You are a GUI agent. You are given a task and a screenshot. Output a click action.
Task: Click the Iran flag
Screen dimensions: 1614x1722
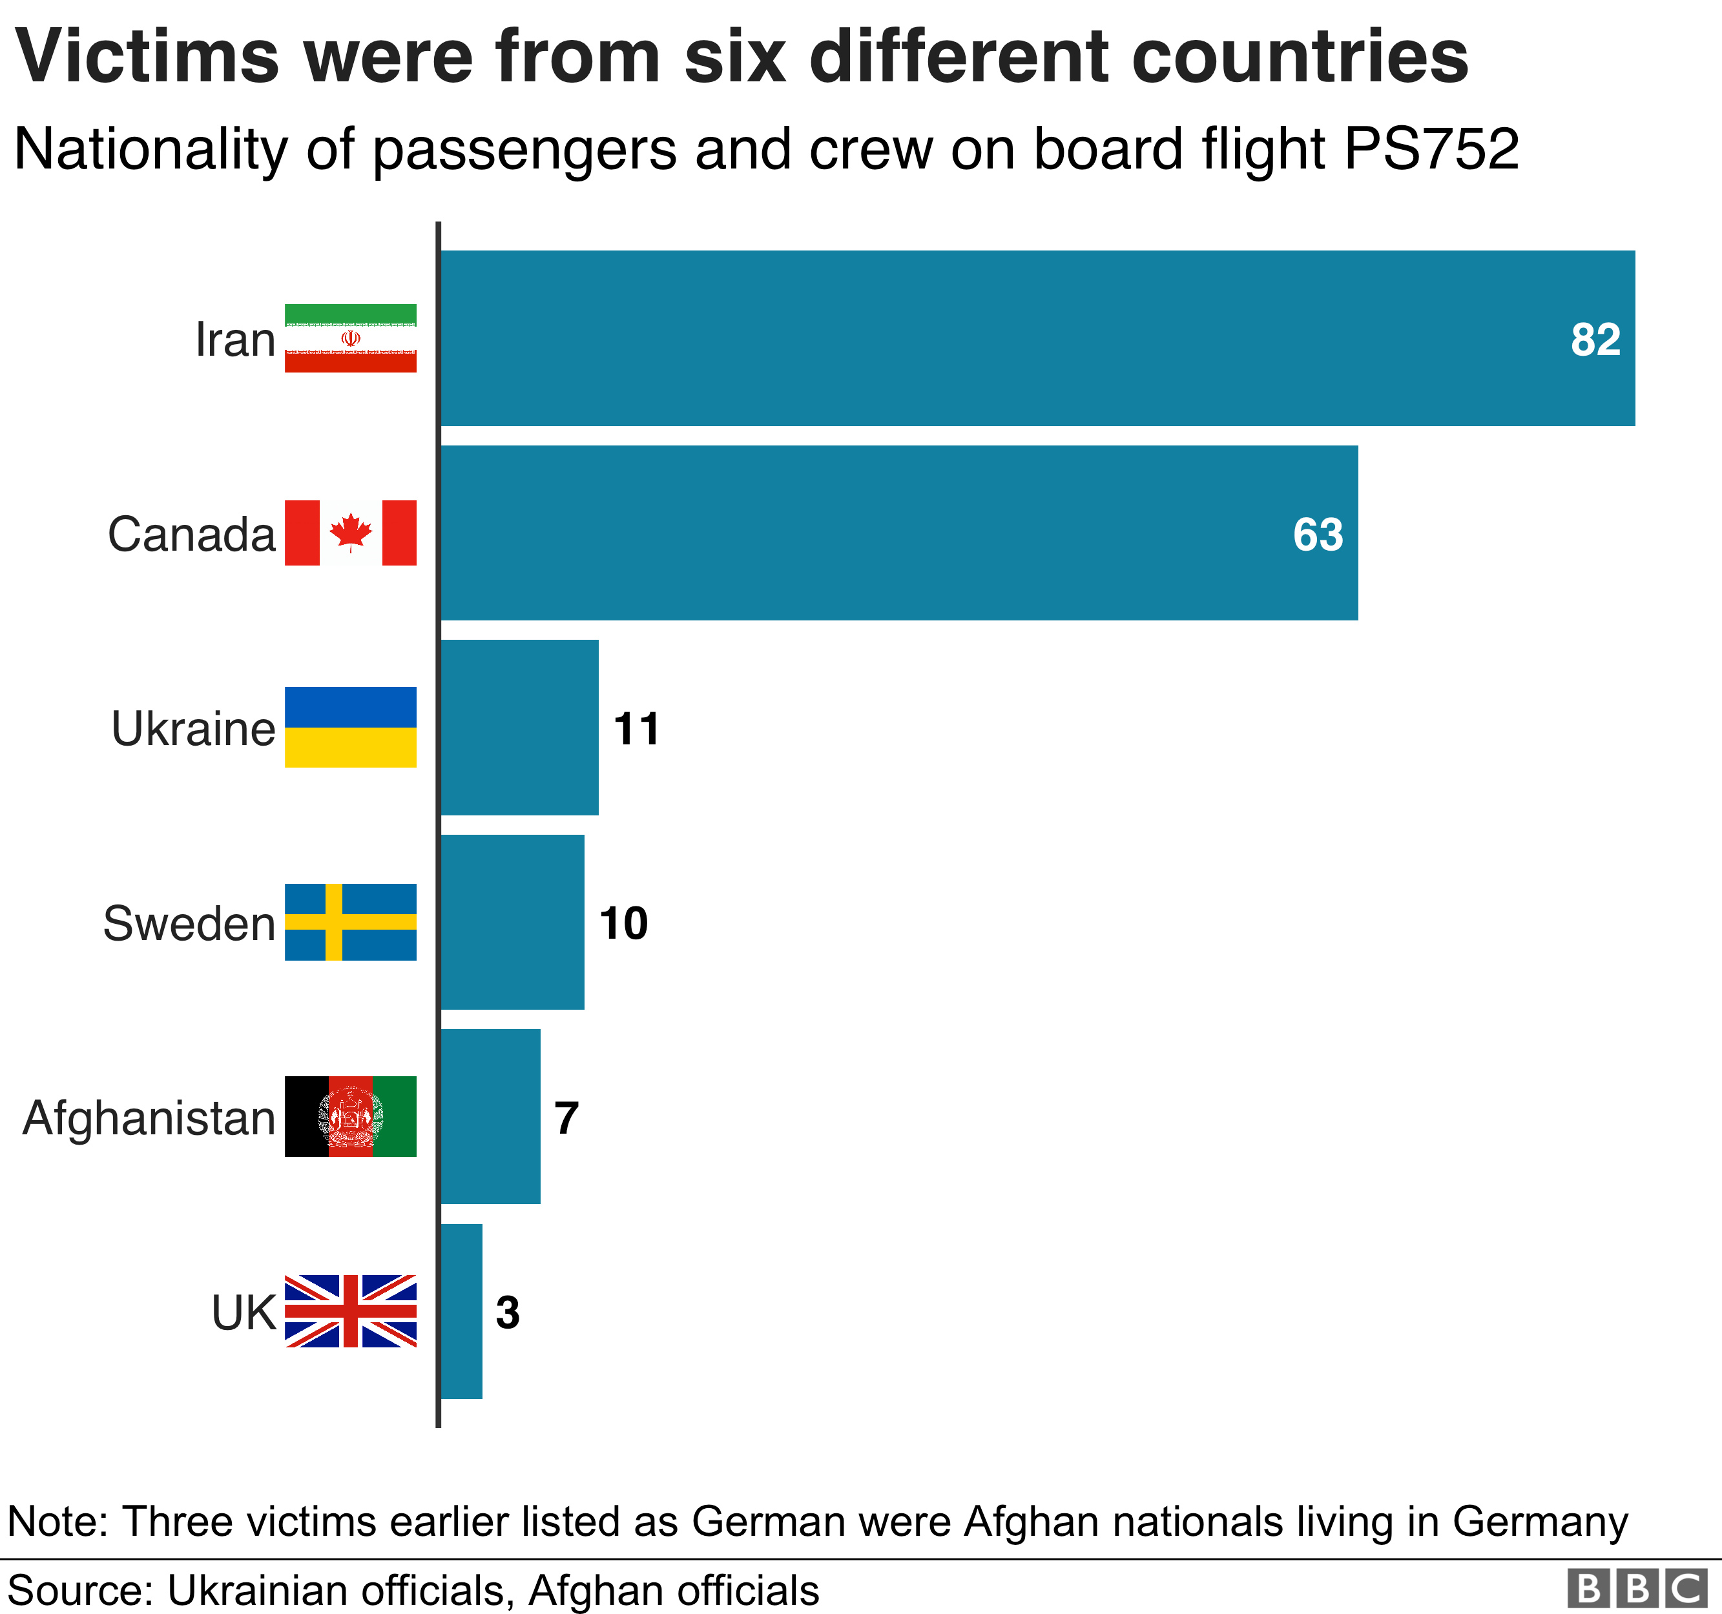tap(350, 338)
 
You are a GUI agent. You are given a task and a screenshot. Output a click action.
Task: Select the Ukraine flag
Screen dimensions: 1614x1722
tap(350, 728)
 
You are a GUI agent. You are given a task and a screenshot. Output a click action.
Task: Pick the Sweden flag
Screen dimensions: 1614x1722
tap(350, 922)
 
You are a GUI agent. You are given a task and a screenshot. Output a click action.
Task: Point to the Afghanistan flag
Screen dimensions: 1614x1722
tap(350, 1117)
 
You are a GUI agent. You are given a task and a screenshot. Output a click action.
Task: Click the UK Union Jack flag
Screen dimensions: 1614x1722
tap(350, 1311)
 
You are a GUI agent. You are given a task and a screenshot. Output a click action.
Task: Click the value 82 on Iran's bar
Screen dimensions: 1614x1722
tap(1595, 340)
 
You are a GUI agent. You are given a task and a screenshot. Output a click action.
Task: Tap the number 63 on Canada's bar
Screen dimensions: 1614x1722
tap(1318, 535)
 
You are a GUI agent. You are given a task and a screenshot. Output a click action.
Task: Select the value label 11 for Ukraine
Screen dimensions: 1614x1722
tap(637, 729)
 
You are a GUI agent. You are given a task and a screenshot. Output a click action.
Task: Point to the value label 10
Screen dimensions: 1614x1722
tap(624, 924)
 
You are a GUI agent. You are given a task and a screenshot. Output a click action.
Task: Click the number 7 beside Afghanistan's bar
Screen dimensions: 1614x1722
tap(566, 1118)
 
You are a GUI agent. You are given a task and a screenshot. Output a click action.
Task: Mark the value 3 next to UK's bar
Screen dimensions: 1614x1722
tap(508, 1313)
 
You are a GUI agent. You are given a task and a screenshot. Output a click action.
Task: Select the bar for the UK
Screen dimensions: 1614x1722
tap(462, 1311)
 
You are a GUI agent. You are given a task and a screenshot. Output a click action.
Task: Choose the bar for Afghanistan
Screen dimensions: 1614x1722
tap(490, 1117)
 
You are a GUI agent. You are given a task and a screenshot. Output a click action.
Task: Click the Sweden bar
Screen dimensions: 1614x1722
tap(513, 922)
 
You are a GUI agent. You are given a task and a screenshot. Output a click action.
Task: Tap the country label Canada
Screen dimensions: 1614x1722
tap(191, 535)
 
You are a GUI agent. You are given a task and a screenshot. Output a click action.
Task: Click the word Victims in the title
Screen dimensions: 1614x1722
tap(147, 57)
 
